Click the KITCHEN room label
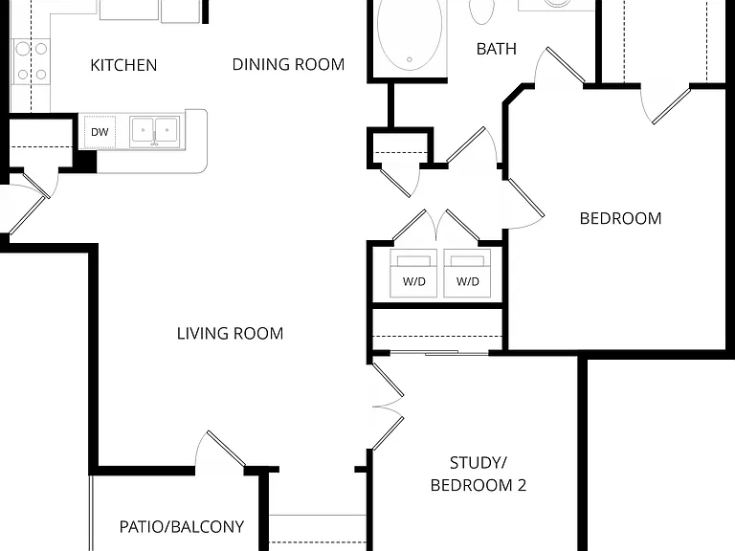(123, 65)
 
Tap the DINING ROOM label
(288, 64)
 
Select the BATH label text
(497, 49)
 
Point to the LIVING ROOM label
(230, 334)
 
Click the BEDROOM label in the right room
(620, 218)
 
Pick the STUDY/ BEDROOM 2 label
(479, 474)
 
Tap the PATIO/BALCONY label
(182, 527)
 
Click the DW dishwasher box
(100, 132)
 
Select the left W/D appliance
(413, 274)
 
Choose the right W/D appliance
(467, 274)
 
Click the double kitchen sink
(155, 132)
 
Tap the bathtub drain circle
(410, 59)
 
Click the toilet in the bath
(481, 11)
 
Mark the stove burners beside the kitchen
(32, 61)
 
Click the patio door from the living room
(219, 449)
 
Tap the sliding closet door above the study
(439, 352)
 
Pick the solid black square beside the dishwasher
(86, 162)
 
